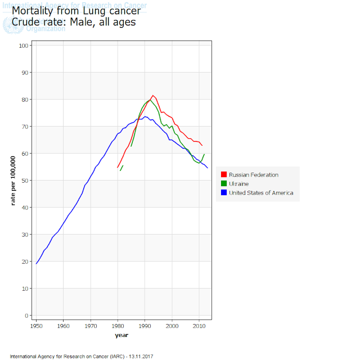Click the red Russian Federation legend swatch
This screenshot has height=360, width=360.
pos(224,175)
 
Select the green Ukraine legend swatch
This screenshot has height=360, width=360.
pos(224,184)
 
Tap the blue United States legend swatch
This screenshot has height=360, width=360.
pos(224,193)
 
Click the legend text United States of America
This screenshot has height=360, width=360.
pos(261,193)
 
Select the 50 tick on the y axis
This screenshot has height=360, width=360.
pos(25,181)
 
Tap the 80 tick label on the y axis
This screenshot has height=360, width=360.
pos(25,100)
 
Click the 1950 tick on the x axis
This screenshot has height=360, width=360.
pos(37,326)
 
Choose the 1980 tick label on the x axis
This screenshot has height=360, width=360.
pos(118,326)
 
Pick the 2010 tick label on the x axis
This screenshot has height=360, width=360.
pos(199,326)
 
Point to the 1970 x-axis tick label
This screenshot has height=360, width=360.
pos(91,326)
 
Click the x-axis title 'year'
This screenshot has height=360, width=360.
pos(121,335)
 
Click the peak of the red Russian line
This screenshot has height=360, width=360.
pos(153,96)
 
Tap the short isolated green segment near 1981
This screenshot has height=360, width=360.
pos(121,168)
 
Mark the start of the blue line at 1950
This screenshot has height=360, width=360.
pos(37,263)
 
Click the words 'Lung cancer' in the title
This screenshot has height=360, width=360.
pos(112,11)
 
